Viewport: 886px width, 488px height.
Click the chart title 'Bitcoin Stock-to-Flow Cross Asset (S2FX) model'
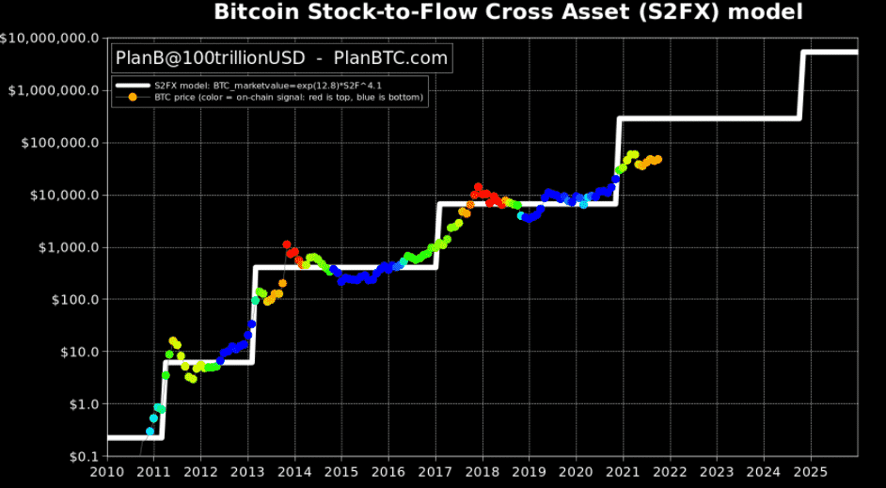coord(509,12)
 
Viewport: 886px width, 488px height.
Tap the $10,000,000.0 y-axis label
coord(51,39)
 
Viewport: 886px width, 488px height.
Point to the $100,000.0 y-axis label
coord(58,143)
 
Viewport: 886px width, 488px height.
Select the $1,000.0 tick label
coord(65,247)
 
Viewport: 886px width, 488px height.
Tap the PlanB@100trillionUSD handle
coord(210,58)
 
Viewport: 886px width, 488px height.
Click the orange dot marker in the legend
coord(133,97)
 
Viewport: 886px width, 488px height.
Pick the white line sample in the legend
coord(133,86)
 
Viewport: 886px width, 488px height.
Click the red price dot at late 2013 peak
coord(287,244)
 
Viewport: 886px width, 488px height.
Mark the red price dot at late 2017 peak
coord(478,187)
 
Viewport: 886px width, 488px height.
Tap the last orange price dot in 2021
coord(657,159)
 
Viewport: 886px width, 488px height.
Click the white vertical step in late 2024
coord(801,85)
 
